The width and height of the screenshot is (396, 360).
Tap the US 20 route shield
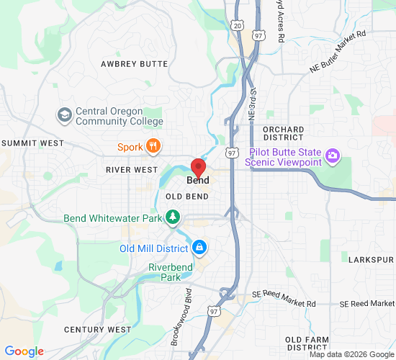click(238, 26)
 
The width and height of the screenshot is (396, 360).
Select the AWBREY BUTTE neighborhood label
click(134, 64)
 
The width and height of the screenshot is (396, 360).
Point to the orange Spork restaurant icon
click(153, 147)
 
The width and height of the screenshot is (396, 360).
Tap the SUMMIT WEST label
click(33, 143)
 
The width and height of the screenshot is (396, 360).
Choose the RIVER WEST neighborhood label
click(131, 170)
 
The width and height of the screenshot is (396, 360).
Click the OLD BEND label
click(187, 197)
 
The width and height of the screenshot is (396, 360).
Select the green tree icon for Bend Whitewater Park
click(172, 217)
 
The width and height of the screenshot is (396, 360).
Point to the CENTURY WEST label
click(97, 330)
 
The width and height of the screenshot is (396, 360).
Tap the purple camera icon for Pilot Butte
click(332, 155)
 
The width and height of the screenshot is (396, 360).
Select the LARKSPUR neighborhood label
click(372, 259)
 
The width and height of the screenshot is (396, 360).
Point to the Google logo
click(24, 351)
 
